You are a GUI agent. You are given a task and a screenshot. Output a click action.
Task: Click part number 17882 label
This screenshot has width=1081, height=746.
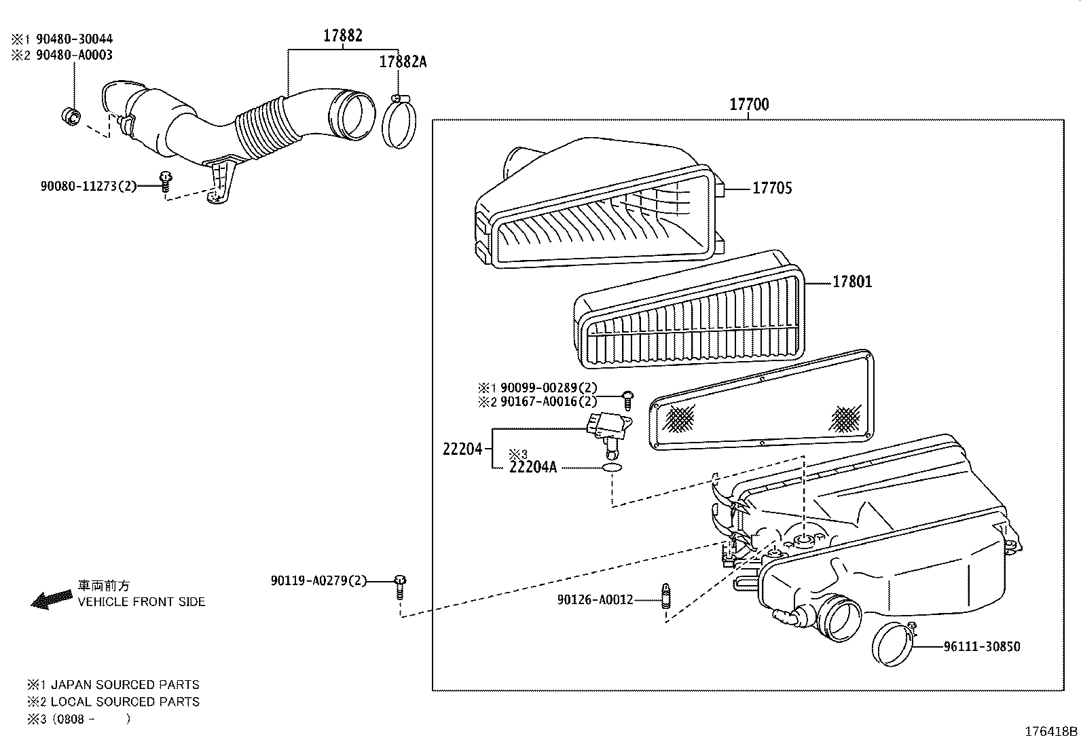point(342,36)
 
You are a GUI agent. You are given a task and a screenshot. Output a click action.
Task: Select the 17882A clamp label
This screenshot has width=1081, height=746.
point(403,62)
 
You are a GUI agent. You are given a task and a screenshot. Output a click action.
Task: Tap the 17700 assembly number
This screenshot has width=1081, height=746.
point(749,105)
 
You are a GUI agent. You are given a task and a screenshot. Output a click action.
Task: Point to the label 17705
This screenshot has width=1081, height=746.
point(771,188)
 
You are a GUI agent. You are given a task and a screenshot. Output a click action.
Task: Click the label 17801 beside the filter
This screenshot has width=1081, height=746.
point(852,281)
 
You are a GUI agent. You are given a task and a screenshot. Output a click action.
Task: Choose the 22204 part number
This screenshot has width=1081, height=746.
point(462,449)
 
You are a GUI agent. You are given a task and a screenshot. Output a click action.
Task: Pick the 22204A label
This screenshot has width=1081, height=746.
point(532,467)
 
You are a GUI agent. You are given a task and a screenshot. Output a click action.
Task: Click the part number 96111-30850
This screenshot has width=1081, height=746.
point(981,647)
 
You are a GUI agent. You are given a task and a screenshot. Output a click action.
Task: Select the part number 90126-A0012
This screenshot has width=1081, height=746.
point(595,599)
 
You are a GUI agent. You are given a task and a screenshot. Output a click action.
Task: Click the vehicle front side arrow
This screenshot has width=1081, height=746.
point(52,599)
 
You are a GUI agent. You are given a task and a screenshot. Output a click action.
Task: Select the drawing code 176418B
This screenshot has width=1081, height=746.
point(1050,732)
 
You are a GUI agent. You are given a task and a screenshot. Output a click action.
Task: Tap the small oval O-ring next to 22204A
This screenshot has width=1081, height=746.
point(612,468)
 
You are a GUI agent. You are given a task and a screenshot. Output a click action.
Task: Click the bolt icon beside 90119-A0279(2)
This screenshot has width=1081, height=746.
point(400,584)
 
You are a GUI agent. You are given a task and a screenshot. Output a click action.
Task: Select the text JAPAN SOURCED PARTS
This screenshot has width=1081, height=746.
point(125,685)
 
